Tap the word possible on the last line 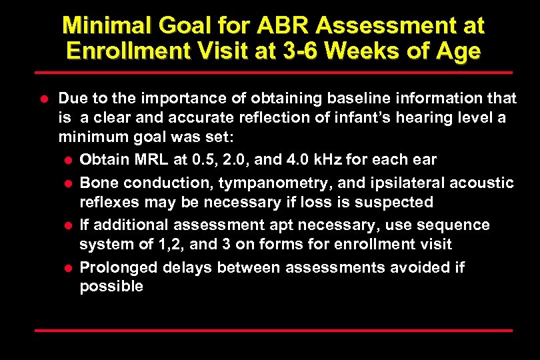[x=111, y=287]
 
